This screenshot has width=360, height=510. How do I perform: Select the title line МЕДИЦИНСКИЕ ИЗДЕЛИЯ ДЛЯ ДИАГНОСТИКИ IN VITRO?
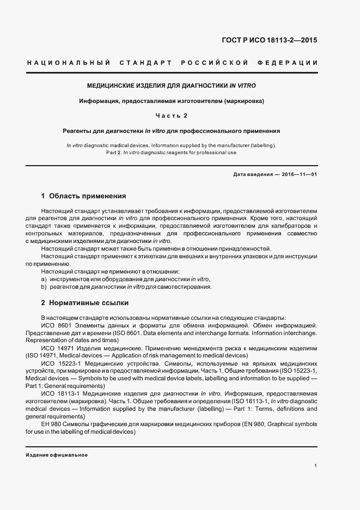pos(172,86)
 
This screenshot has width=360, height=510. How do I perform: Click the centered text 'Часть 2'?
pos(172,116)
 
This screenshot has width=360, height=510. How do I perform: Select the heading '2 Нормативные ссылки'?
pos(85,302)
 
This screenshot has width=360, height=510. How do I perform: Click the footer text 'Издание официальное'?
pos(57,454)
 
